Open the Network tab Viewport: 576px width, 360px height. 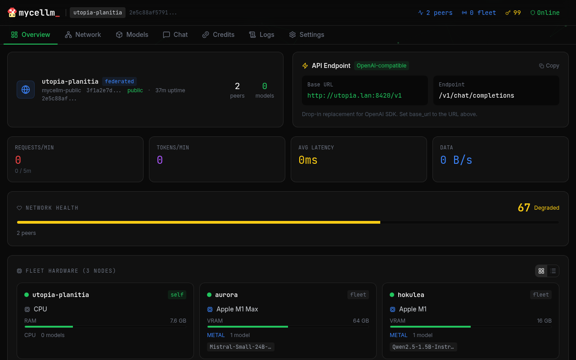pos(83,35)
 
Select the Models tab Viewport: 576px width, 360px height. pos(132,35)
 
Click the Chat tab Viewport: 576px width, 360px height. pos(175,35)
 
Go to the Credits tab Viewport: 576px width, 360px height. pos(218,35)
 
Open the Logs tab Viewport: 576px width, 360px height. pos(261,35)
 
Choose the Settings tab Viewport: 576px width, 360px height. pos(306,35)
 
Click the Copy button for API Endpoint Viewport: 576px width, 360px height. pos(549,66)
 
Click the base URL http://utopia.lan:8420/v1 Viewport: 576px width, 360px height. pos(355,95)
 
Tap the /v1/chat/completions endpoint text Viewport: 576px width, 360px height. pos(476,95)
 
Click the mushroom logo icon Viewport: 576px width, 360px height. pos(12,13)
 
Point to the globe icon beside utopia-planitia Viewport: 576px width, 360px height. pos(26,90)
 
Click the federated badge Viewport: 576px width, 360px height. pos(119,81)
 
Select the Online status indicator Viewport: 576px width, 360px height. pos(545,13)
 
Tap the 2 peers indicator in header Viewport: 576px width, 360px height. pos(435,13)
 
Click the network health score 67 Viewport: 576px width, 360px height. pos(524,207)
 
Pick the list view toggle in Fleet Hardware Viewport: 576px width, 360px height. pos(553,271)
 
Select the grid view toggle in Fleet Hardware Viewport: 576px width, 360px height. pos(541,271)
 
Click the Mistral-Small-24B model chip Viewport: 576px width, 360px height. pos(241,347)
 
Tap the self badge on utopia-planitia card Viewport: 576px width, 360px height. pos(177,295)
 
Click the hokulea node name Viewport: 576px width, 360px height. pos(411,295)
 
